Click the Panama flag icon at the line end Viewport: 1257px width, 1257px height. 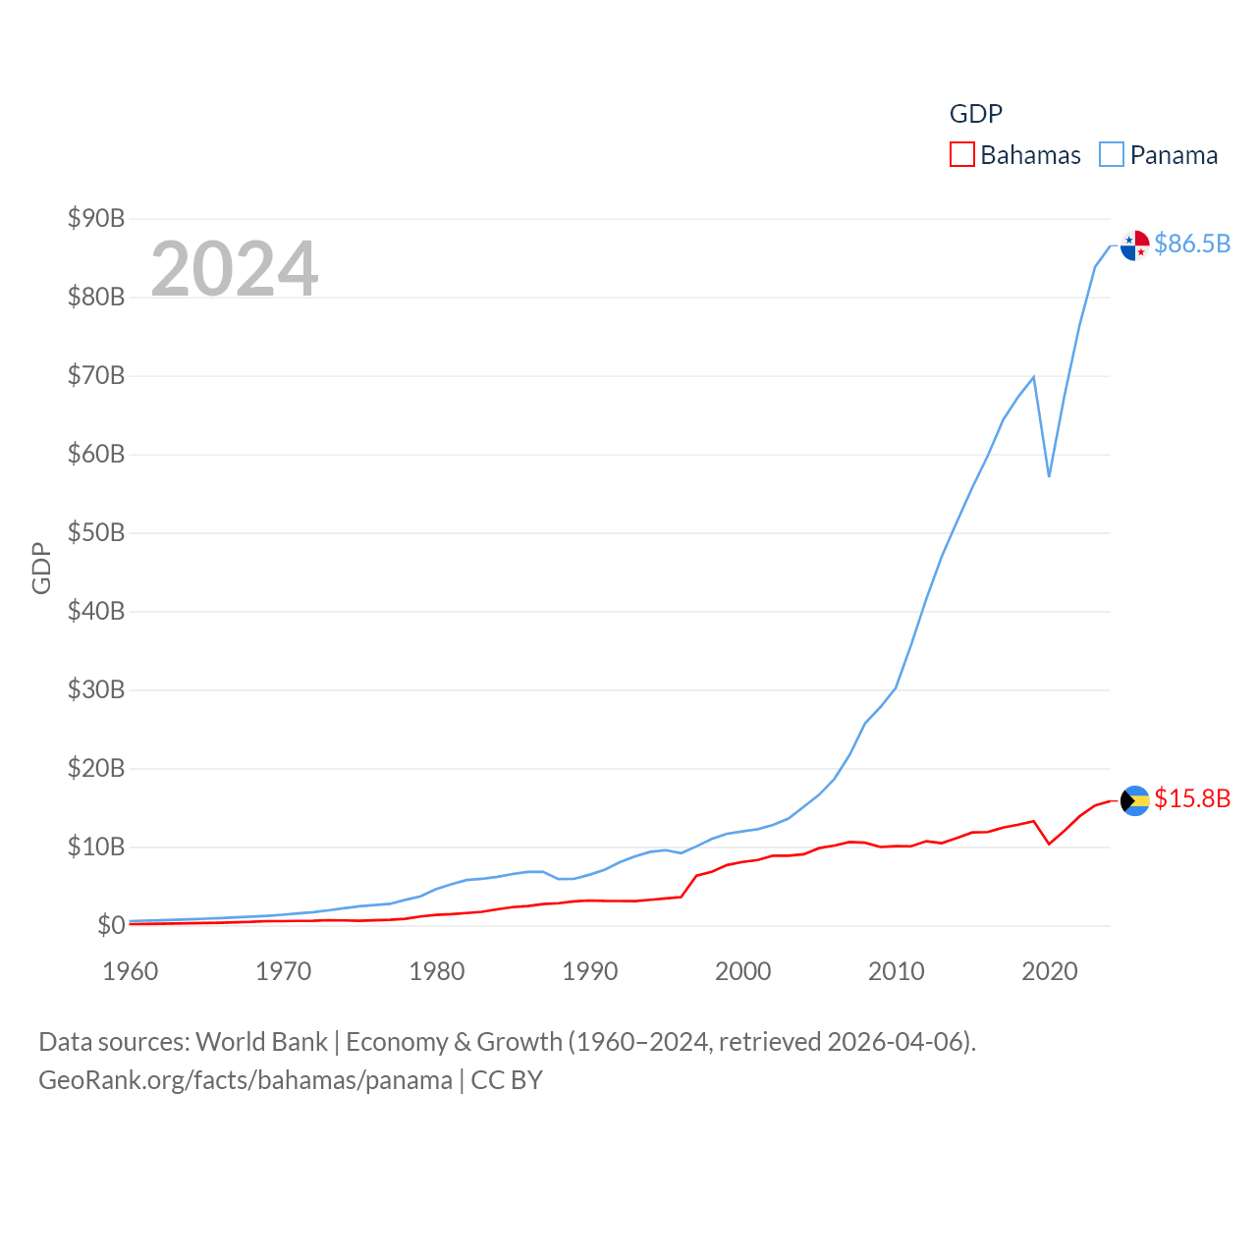point(1134,246)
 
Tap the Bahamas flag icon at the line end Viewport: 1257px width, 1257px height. point(1134,800)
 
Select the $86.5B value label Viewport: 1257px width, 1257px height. point(1192,244)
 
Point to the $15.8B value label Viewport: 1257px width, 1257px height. point(1192,798)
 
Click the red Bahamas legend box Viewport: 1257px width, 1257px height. point(962,155)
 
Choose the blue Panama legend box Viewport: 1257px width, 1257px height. point(1112,155)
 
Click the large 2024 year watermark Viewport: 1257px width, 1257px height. point(235,268)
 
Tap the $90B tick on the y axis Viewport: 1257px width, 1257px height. point(96,218)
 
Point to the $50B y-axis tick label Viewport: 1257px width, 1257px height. point(96,532)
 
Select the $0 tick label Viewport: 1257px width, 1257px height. point(110,925)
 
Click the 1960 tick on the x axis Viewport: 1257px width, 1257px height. point(131,971)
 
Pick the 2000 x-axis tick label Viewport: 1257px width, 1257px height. point(743,971)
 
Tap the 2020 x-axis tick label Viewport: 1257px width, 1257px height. point(1050,971)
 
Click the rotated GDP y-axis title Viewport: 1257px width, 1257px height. point(41,568)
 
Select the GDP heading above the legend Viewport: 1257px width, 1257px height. point(976,114)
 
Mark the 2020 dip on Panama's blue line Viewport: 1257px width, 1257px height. point(1049,476)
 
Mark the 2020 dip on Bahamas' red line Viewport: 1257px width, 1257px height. point(1049,844)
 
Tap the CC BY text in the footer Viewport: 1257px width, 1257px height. point(507,1080)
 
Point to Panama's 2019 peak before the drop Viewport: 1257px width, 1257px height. point(1033,377)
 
